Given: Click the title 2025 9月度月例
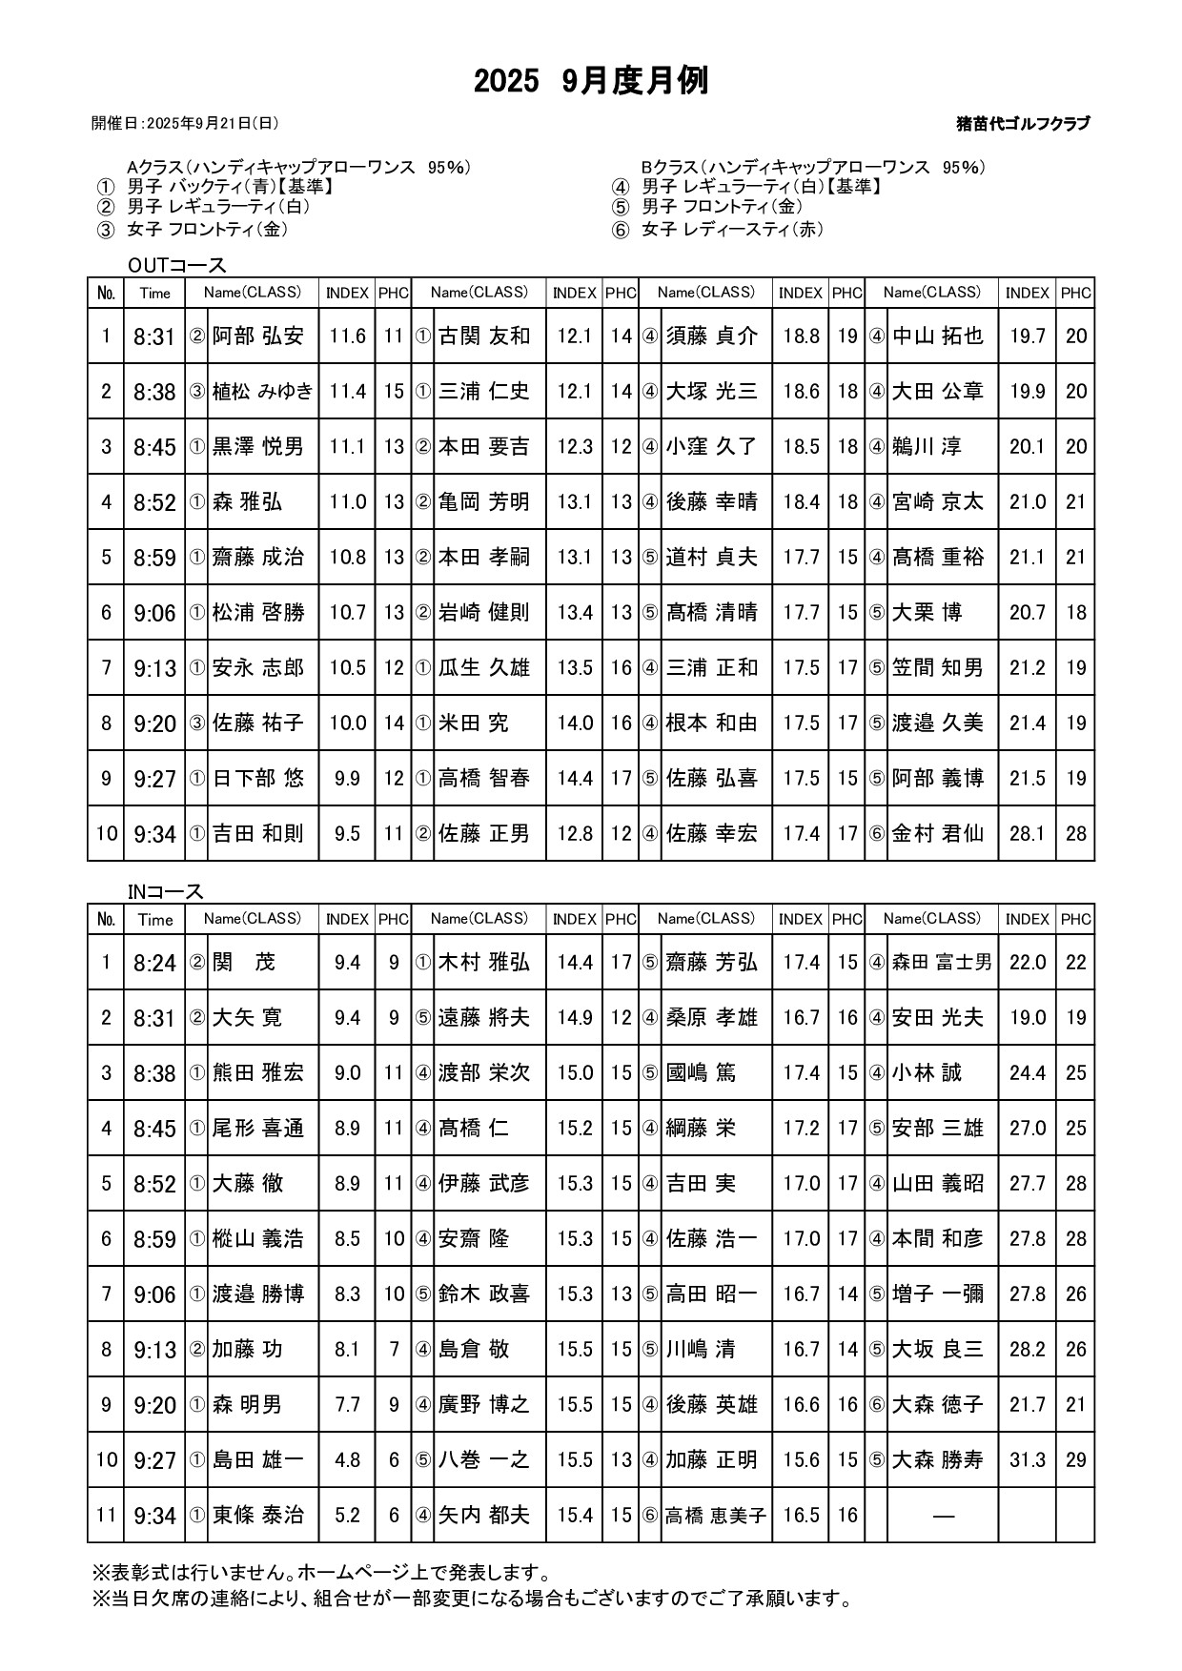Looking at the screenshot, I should [x=591, y=82].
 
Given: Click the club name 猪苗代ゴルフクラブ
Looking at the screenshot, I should [x=1023, y=123].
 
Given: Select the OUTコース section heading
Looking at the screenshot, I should [x=177, y=265].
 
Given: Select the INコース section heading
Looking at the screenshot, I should [x=166, y=891].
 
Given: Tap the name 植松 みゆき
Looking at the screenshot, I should [x=262, y=392].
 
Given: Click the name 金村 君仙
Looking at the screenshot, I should [x=937, y=834].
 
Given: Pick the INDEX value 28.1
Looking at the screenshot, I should [x=1027, y=834].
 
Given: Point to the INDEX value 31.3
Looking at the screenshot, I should [x=1027, y=1460].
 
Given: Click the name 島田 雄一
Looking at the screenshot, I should [x=257, y=1460].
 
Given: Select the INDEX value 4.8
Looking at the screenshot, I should [x=347, y=1460].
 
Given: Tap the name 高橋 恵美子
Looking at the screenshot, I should [x=716, y=1516].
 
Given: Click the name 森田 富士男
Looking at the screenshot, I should [x=942, y=963].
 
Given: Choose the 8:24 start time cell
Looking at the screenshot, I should [x=154, y=963].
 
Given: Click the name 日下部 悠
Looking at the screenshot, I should [x=257, y=779].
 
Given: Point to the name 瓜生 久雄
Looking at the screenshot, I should [x=483, y=668].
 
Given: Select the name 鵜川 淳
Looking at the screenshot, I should [x=927, y=447].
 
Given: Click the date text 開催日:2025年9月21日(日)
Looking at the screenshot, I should [x=185, y=123].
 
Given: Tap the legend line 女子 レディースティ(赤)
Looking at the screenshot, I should [x=732, y=230].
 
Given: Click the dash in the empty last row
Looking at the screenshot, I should [x=943, y=1516].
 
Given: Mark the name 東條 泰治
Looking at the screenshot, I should [x=257, y=1516].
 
